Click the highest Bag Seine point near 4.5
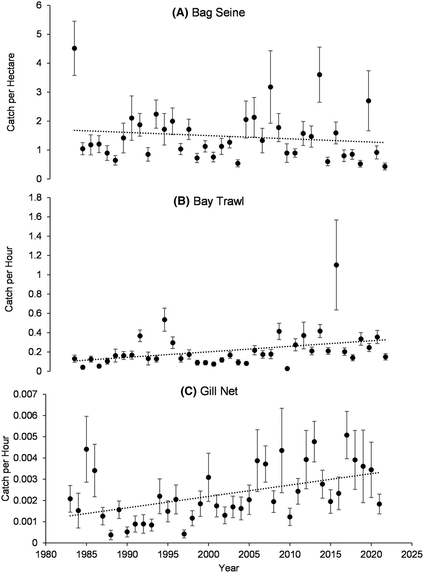pos(74,48)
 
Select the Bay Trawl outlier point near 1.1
pos(336,265)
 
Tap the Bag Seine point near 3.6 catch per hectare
pos(319,75)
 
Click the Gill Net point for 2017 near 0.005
pos(346,435)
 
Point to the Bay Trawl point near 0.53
pos(165,320)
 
